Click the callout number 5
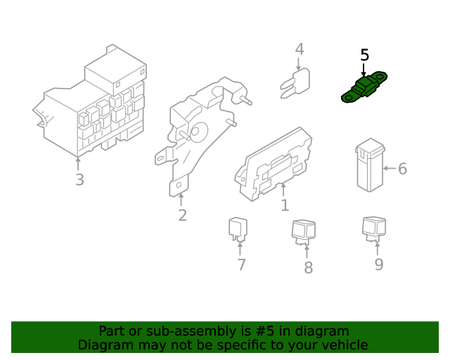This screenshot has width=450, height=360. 364,55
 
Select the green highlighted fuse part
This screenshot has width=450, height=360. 364,87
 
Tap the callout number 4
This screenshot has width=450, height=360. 300,49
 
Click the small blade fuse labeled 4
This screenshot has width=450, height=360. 295,84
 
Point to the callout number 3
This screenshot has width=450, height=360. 79,180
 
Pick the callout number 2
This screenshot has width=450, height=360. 183,215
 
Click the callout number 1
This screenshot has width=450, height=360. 285,205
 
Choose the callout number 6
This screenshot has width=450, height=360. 402,169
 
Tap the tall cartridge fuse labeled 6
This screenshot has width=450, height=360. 371,165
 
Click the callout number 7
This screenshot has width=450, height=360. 241,264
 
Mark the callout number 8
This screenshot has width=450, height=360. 308,268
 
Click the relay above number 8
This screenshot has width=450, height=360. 303,233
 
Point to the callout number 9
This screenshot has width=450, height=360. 379,264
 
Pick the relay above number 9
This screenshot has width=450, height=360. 374,229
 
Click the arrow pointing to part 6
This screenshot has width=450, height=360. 390,168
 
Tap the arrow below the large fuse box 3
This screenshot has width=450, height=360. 78,163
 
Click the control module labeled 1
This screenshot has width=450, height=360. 274,165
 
